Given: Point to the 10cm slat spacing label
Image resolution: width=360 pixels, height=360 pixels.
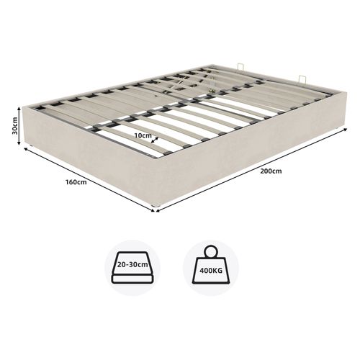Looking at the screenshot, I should tap(142, 134).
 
